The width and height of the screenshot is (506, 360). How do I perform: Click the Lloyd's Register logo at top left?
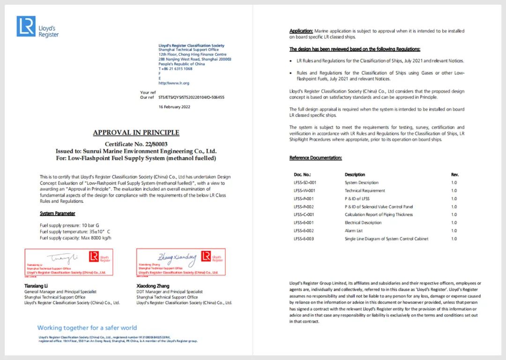pyautogui.click(x=37, y=27)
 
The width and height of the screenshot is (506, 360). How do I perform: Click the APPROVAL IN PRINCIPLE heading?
pyautogui.click(x=136, y=132)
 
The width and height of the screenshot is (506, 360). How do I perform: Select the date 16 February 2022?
pyautogui.click(x=174, y=107)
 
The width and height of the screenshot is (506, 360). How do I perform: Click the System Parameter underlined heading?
pyautogui.click(x=58, y=213)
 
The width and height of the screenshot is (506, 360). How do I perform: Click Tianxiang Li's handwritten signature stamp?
pyautogui.click(x=68, y=262)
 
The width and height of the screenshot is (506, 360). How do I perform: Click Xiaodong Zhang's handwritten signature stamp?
pyautogui.click(x=180, y=262)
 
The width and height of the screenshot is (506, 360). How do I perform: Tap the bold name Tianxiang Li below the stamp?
pyautogui.click(x=37, y=286)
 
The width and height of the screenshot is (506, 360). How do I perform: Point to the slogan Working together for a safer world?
pyautogui.click(x=87, y=328)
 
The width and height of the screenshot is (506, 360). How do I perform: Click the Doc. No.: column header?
pyautogui.click(x=303, y=175)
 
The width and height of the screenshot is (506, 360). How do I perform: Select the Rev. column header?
pyautogui.click(x=454, y=175)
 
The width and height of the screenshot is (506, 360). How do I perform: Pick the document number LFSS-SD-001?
pyautogui.click(x=305, y=183)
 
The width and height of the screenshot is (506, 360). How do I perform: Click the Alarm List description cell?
pyautogui.click(x=354, y=231)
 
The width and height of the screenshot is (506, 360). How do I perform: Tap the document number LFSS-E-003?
pyautogui.click(x=304, y=239)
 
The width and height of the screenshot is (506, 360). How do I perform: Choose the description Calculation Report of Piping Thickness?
pyautogui.click(x=379, y=215)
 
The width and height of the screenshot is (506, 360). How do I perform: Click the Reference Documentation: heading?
pyautogui.click(x=315, y=158)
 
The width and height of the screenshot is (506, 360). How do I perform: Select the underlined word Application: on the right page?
pyautogui.click(x=301, y=31)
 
